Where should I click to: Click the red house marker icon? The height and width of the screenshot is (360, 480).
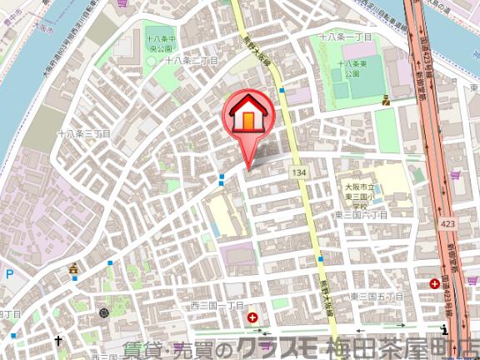click(247, 116)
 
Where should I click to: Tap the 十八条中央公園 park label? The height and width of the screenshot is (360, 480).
click(157, 44)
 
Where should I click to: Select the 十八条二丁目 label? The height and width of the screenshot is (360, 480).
click(191, 61)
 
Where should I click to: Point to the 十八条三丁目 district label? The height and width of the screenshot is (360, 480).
click(83, 133)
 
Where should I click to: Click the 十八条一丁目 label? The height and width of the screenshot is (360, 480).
click(347, 38)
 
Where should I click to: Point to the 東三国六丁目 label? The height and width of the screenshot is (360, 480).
click(362, 215)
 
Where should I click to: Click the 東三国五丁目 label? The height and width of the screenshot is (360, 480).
click(376, 297)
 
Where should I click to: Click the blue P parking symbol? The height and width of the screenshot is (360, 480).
click(9, 273)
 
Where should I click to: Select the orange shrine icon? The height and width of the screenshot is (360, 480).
click(74, 268)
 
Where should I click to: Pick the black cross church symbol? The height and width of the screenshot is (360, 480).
click(58, 341)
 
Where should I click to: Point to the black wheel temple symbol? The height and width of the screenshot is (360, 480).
click(103, 312)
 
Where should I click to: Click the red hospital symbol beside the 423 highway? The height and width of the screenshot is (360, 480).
click(435, 284)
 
